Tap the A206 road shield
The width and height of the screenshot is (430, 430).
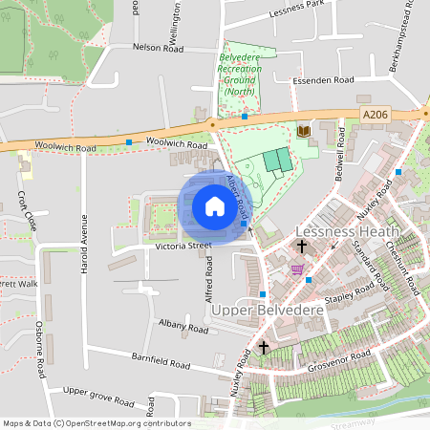click(376, 114)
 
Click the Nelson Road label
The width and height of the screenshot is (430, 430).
click(159, 46)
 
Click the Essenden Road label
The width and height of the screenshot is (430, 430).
click(324, 80)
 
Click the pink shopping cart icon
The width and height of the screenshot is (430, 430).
click(297, 269)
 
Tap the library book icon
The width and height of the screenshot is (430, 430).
click(304, 131)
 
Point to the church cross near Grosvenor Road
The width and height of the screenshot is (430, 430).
click(264, 348)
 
